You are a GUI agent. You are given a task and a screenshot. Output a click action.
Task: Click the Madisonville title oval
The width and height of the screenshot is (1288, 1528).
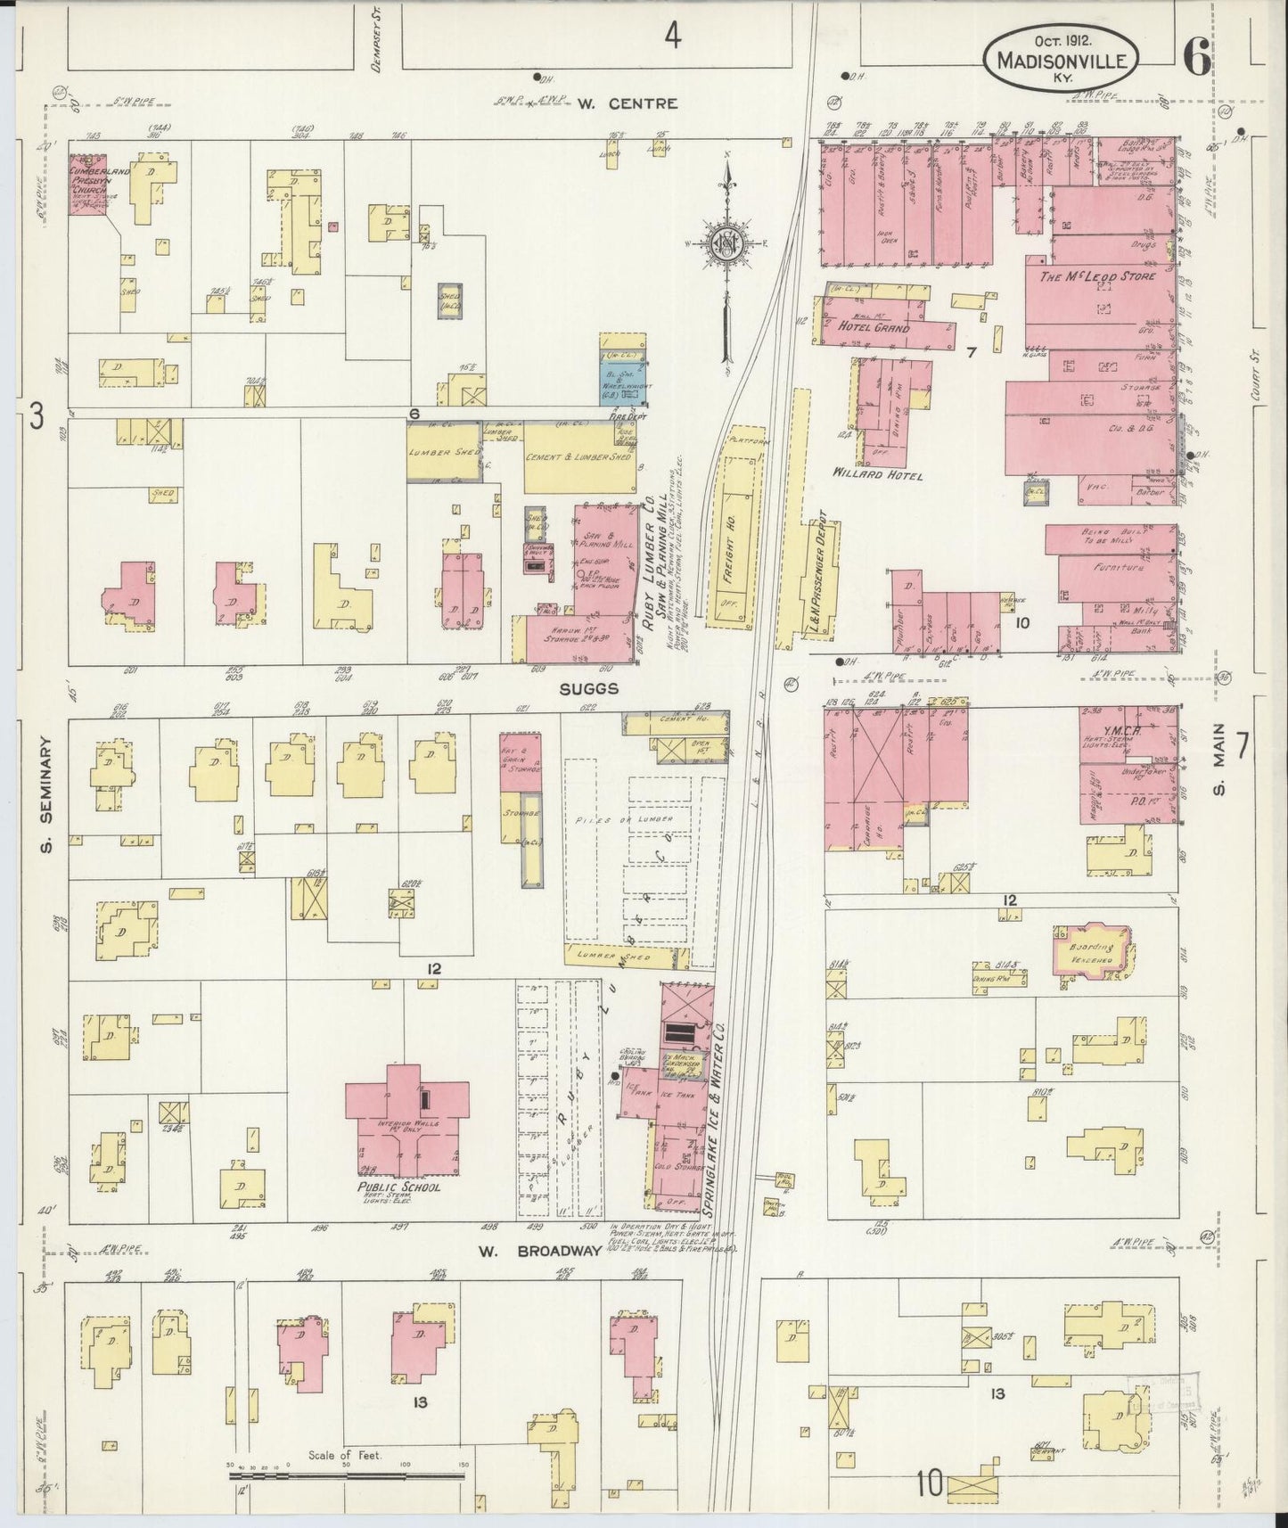point(1061,55)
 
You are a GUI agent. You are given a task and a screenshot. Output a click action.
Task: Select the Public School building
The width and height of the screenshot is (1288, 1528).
point(406,1121)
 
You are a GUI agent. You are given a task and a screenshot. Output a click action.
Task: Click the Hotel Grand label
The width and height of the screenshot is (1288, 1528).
point(874,327)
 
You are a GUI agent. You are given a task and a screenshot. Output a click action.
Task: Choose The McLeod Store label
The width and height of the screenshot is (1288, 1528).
point(1097,277)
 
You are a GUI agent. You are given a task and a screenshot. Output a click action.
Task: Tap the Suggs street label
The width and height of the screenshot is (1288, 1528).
point(589,689)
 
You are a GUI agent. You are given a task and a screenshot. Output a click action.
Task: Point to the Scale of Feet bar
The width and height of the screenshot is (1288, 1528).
point(347,1476)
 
